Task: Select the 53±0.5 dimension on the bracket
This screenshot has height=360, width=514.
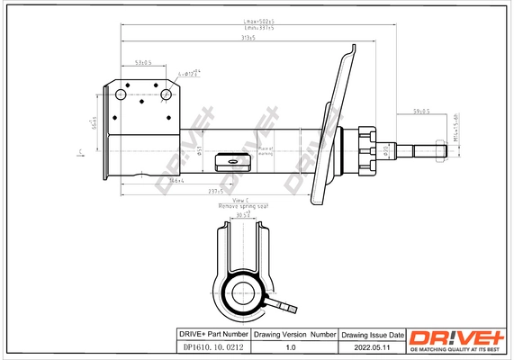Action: point(142,63)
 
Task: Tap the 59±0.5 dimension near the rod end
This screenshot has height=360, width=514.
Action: point(420,112)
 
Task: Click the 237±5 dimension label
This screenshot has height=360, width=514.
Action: point(214,192)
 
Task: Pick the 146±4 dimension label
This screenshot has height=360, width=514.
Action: point(176,180)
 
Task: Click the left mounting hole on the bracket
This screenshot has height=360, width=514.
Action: point(120,93)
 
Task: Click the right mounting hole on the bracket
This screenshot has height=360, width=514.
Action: point(166,93)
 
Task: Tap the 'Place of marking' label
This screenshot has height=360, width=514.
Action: point(266,150)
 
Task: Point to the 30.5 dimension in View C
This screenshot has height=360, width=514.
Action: point(243,215)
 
